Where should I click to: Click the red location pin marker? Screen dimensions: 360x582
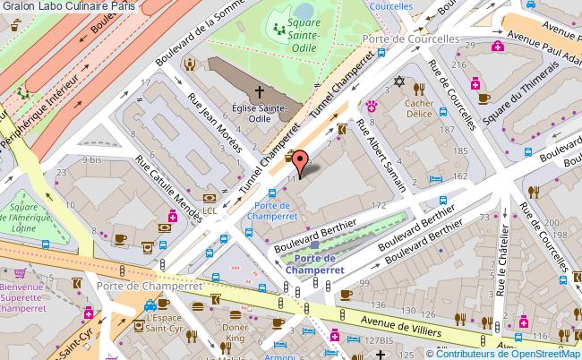(x=303, y=163)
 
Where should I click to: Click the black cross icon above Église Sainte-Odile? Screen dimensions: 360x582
(x=261, y=91)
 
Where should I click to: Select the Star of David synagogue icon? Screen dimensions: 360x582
(x=399, y=83)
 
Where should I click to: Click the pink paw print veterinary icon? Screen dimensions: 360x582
(x=369, y=107)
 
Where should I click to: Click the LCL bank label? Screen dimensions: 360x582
(x=209, y=210)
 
